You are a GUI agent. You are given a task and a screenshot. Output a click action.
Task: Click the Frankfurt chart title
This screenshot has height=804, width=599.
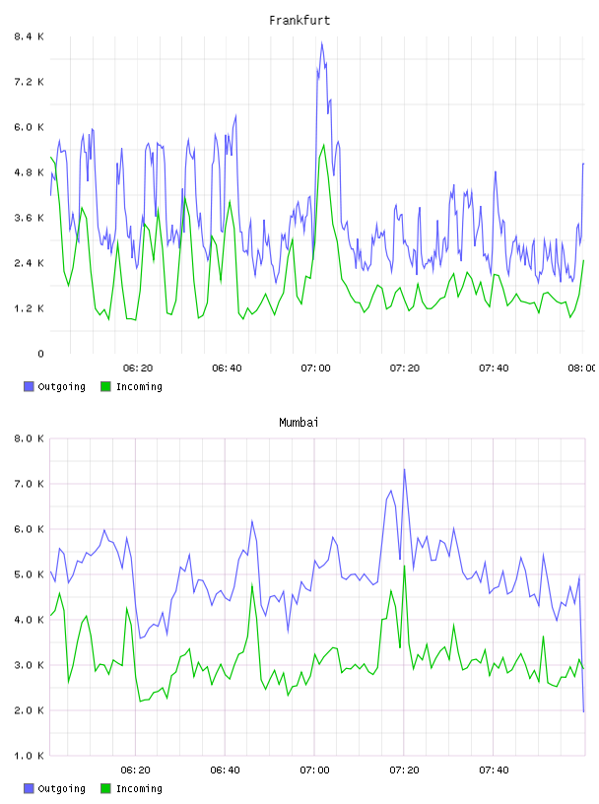click(x=299, y=21)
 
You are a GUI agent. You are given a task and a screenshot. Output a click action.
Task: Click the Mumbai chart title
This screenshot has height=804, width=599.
click(x=299, y=423)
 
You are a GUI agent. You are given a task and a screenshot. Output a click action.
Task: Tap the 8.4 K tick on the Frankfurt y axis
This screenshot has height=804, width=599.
click(x=29, y=36)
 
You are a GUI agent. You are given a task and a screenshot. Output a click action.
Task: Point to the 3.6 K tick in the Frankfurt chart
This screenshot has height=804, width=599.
click(x=29, y=218)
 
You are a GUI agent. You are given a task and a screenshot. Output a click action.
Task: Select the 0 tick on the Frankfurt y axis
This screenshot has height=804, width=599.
click(x=40, y=354)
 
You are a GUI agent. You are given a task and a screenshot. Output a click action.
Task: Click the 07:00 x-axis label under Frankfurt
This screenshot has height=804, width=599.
click(x=315, y=368)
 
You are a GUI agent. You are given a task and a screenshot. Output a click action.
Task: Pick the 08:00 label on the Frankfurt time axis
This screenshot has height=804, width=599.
click(x=582, y=368)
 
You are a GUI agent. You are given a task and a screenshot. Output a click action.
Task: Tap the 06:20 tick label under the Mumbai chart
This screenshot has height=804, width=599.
click(x=135, y=770)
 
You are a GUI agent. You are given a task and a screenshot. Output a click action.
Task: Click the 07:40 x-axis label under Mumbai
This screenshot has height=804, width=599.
click(x=494, y=770)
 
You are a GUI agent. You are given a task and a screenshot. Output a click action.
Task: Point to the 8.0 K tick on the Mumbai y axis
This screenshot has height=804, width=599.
click(x=29, y=438)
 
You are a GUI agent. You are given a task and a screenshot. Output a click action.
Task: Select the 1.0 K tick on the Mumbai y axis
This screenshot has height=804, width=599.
click(x=29, y=756)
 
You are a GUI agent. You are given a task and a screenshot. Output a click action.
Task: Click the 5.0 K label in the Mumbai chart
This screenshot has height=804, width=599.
click(x=29, y=574)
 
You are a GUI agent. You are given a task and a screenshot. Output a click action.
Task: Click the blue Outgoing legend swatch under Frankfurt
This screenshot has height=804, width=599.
click(x=29, y=386)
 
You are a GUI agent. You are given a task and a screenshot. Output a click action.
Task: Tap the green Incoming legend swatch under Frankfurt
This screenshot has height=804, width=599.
click(x=105, y=386)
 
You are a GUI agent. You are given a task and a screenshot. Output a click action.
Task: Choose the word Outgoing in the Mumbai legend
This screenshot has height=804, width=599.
click(x=61, y=789)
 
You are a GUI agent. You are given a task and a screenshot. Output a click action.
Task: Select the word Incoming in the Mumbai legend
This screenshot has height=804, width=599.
click(x=139, y=789)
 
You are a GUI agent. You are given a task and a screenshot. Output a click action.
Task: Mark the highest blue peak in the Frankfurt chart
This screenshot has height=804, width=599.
click(x=322, y=42)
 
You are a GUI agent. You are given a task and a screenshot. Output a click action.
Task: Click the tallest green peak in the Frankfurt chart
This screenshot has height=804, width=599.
click(x=323, y=145)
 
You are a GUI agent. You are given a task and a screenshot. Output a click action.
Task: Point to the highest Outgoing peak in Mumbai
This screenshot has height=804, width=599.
click(x=404, y=469)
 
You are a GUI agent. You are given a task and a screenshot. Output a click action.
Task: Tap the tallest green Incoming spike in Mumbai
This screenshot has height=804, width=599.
click(x=405, y=567)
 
